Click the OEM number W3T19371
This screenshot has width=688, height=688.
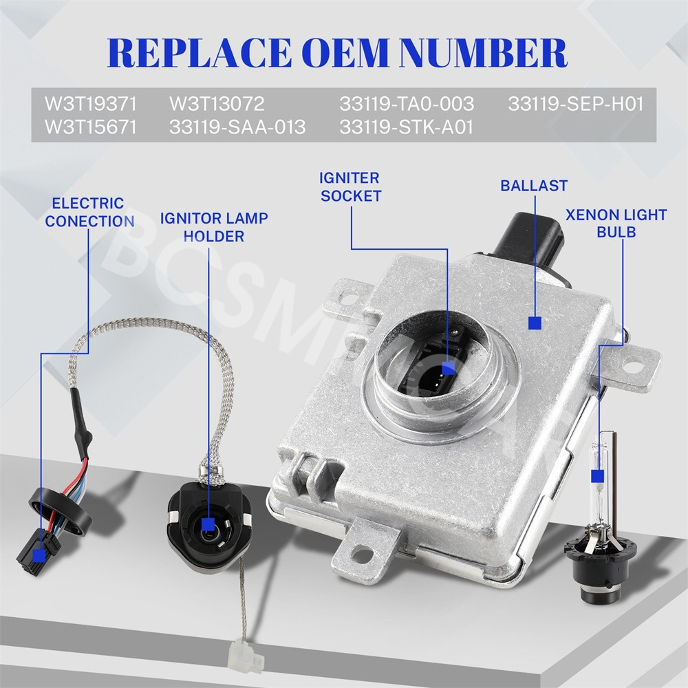click(90, 104)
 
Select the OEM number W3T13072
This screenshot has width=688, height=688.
click(217, 104)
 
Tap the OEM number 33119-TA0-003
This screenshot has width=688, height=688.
click(407, 104)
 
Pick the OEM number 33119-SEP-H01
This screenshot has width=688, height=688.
click(576, 104)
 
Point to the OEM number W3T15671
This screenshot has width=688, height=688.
click(90, 127)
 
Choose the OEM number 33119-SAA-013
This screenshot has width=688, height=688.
click(237, 127)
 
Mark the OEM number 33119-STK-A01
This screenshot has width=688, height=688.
click(407, 127)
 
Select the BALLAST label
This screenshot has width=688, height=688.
click(534, 186)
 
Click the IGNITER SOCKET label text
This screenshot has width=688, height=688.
click(351, 187)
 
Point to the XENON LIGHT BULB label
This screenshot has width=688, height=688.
click(616, 224)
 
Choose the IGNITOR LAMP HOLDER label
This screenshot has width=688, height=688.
click(214, 227)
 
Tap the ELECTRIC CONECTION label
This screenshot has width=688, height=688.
click(89, 213)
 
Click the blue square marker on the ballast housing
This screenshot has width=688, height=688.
click(535, 323)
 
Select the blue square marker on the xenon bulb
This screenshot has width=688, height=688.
click(598, 476)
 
